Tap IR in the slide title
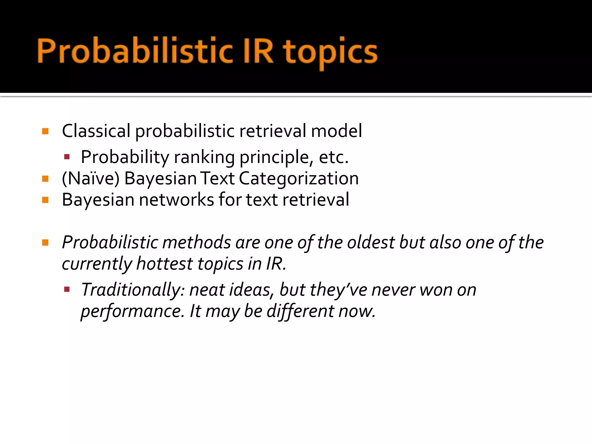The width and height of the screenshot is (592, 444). click(x=258, y=51)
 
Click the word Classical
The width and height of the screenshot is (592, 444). click(x=96, y=131)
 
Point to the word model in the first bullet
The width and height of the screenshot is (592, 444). click(x=336, y=131)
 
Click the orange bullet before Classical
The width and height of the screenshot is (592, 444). click(x=45, y=132)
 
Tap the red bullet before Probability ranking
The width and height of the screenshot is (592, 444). click(x=67, y=157)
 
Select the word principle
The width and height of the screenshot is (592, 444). click(x=276, y=158)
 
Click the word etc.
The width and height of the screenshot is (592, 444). click(x=334, y=158)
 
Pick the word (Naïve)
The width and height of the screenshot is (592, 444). click(x=90, y=178)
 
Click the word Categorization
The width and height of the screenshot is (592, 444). click(x=299, y=178)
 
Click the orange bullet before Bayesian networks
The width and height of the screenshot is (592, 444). click(x=45, y=200)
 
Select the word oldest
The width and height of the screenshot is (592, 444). click(x=371, y=242)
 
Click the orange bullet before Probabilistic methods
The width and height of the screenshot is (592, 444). click(x=45, y=243)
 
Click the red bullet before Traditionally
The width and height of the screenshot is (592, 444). click(x=67, y=289)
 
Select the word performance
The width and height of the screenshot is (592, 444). click(x=132, y=312)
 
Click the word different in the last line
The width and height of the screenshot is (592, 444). click(x=300, y=312)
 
